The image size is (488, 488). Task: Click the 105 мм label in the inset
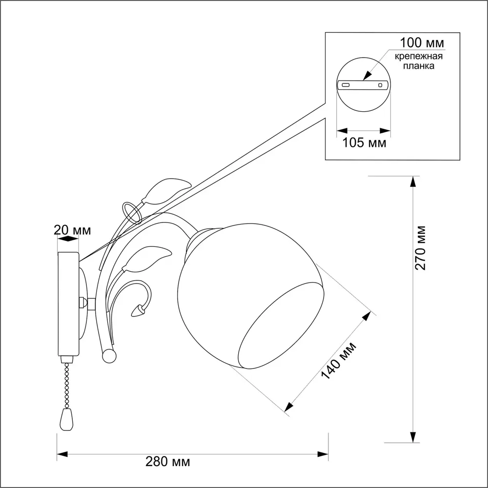pyautogui.click(x=364, y=143)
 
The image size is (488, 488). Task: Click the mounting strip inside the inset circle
pyautogui.click(x=364, y=84)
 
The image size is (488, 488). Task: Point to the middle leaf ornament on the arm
pyautogui.click(x=146, y=259)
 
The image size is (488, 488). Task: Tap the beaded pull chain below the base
pyautogui.click(x=65, y=383)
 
